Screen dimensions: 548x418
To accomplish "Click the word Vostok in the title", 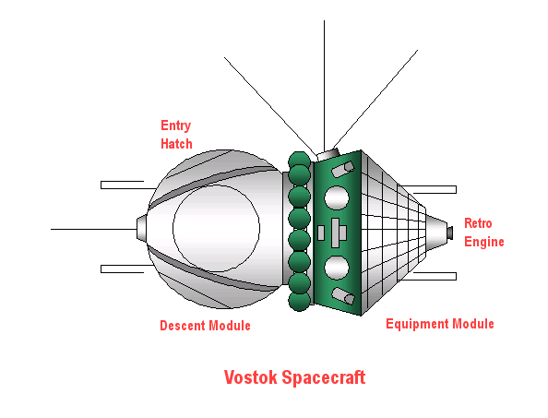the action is (x=250, y=377).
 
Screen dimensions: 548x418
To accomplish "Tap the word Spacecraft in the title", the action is (x=323, y=377).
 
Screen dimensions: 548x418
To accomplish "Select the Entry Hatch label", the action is (x=176, y=135).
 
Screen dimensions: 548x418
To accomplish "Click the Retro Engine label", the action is (x=484, y=233).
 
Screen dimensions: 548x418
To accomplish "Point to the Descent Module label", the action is (x=205, y=326).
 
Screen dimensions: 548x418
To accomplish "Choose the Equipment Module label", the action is (x=440, y=324).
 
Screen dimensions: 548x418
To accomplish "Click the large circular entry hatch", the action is (x=216, y=228).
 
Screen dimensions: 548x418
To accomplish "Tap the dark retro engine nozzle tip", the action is (x=450, y=232).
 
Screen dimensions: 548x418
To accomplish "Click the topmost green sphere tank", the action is (x=299, y=160).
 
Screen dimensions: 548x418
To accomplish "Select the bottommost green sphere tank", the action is (x=299, y=301).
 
